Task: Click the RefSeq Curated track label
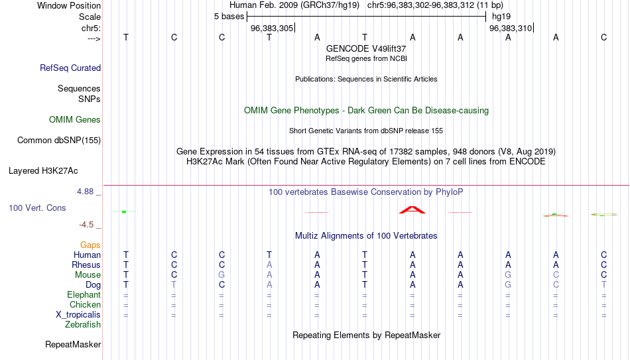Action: click(70, 68)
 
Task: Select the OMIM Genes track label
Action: click(75, 120)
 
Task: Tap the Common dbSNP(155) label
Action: click(59, 141)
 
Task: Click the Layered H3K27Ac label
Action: click(43, 171)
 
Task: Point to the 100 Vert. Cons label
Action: click(37, 208)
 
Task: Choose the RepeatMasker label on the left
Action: click(73, 344)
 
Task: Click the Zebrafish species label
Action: click(83, 324)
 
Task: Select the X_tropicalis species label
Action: click(78, 315)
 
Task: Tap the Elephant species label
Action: click(84, 294)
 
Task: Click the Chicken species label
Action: click(85, 304)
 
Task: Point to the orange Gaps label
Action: click(90, 245)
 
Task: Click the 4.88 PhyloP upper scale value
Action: click(85, 192)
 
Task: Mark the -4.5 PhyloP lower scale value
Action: click(86, 225)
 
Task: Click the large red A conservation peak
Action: click(412, 209)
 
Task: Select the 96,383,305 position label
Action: click(272, 29)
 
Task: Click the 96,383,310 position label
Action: click(510, 29)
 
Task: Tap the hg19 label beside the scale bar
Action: click(501, 17)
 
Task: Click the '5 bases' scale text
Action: click(229, 17)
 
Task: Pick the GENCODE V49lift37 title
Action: click(366, 48)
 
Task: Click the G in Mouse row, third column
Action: click(221, 275)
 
